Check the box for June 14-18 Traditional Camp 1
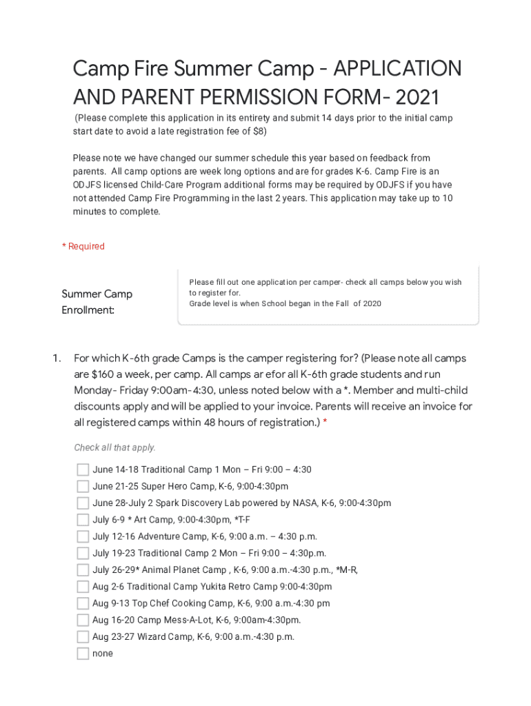(x=83, y=470)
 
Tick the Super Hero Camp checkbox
(x=83, y=486)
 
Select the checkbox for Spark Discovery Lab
(x=83, y=503)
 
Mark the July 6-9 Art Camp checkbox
(x=83, y=520)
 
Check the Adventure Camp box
(x=83, y=536)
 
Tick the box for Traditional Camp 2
(x=83, y=553)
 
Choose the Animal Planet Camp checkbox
(x=83, y=570)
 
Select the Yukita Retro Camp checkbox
(x=83, y=587)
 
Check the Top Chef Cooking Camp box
(x=83, y=603)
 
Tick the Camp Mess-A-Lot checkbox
(x=83, y=620)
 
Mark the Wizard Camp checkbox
(x=83, y=637)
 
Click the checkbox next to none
(x=83, y=654)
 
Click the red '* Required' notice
(x=83, y=246)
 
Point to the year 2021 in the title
(x=417, y=97)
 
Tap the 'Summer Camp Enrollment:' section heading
(x=97, y=302)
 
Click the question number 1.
(x=57, y=359)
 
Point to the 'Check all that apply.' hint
(x=114, y=447)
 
